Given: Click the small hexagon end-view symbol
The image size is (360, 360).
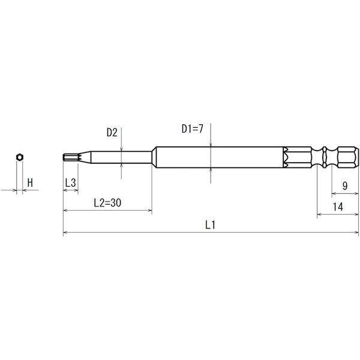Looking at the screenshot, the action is click(20, 157).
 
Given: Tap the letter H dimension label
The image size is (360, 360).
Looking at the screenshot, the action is click(30, 183).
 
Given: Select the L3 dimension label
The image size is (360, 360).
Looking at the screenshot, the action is click(70, 183).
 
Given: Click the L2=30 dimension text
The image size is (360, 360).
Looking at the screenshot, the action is click(107, 203).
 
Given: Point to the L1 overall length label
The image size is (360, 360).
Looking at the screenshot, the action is click(211, 225).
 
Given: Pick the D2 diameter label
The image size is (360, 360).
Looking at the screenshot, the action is click(112, 133).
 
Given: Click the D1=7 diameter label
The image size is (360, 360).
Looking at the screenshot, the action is click(193, 129).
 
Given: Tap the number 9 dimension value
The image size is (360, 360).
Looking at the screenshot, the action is click(345, 185).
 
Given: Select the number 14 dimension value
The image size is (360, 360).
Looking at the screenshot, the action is click(338, 206).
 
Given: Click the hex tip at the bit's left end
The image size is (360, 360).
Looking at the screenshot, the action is click(71, 157).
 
